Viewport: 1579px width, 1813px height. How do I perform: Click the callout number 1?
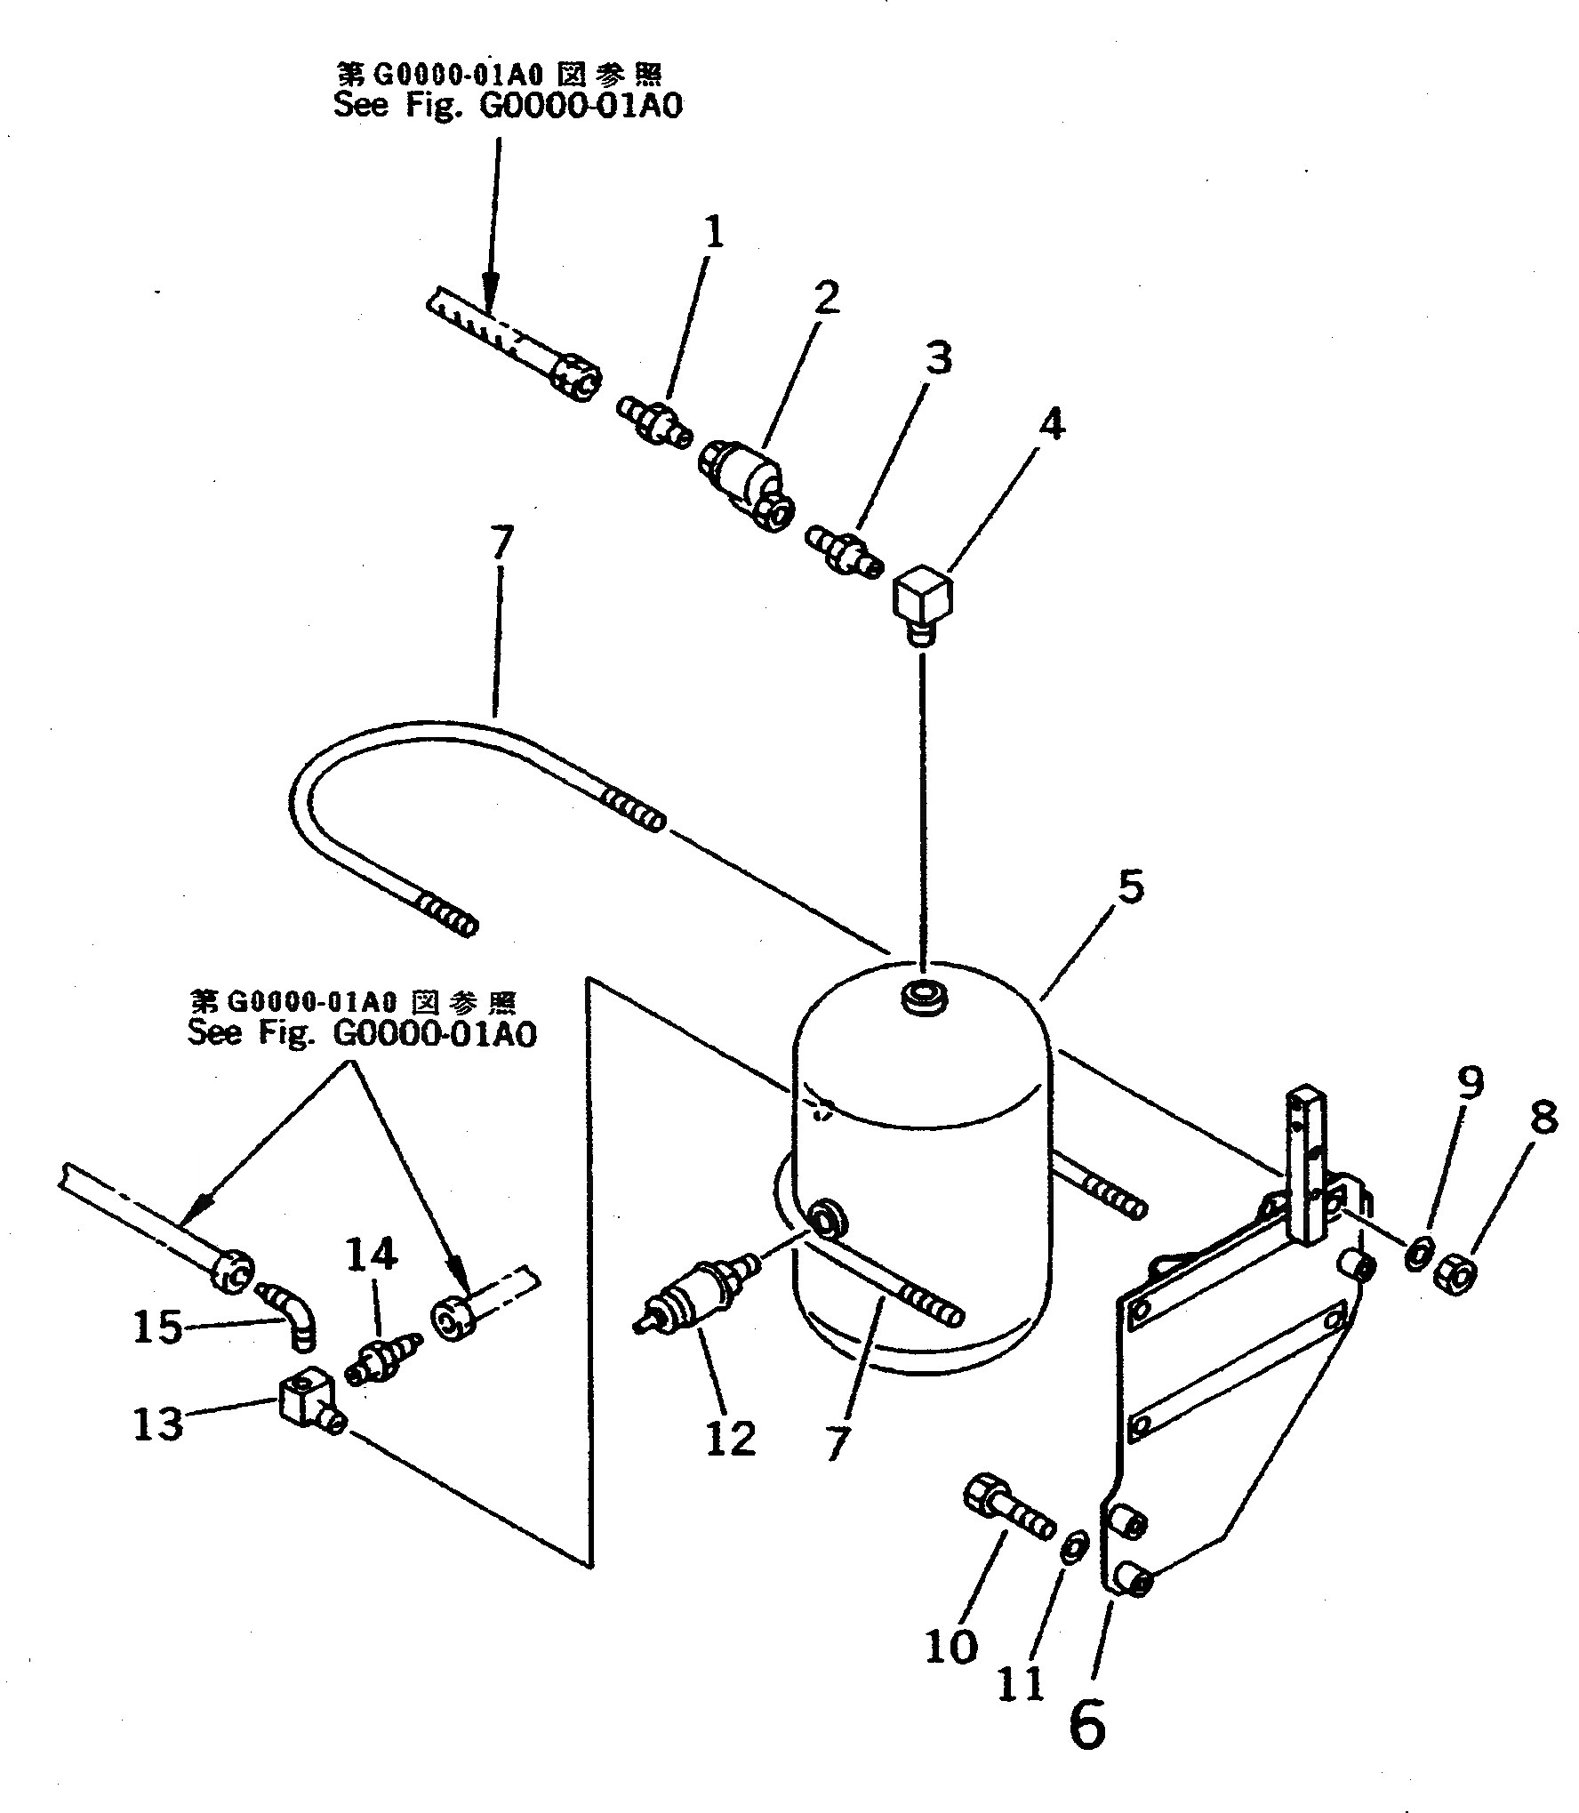point(714,233)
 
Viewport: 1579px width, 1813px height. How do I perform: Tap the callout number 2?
point(826,297)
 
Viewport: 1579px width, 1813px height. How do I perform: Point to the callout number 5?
point(1130,887)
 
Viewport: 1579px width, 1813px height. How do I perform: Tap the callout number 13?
point(157,1423)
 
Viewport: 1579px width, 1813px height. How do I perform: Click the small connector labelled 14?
point(381,1363)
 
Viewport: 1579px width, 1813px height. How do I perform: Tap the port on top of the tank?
point(922,995)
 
